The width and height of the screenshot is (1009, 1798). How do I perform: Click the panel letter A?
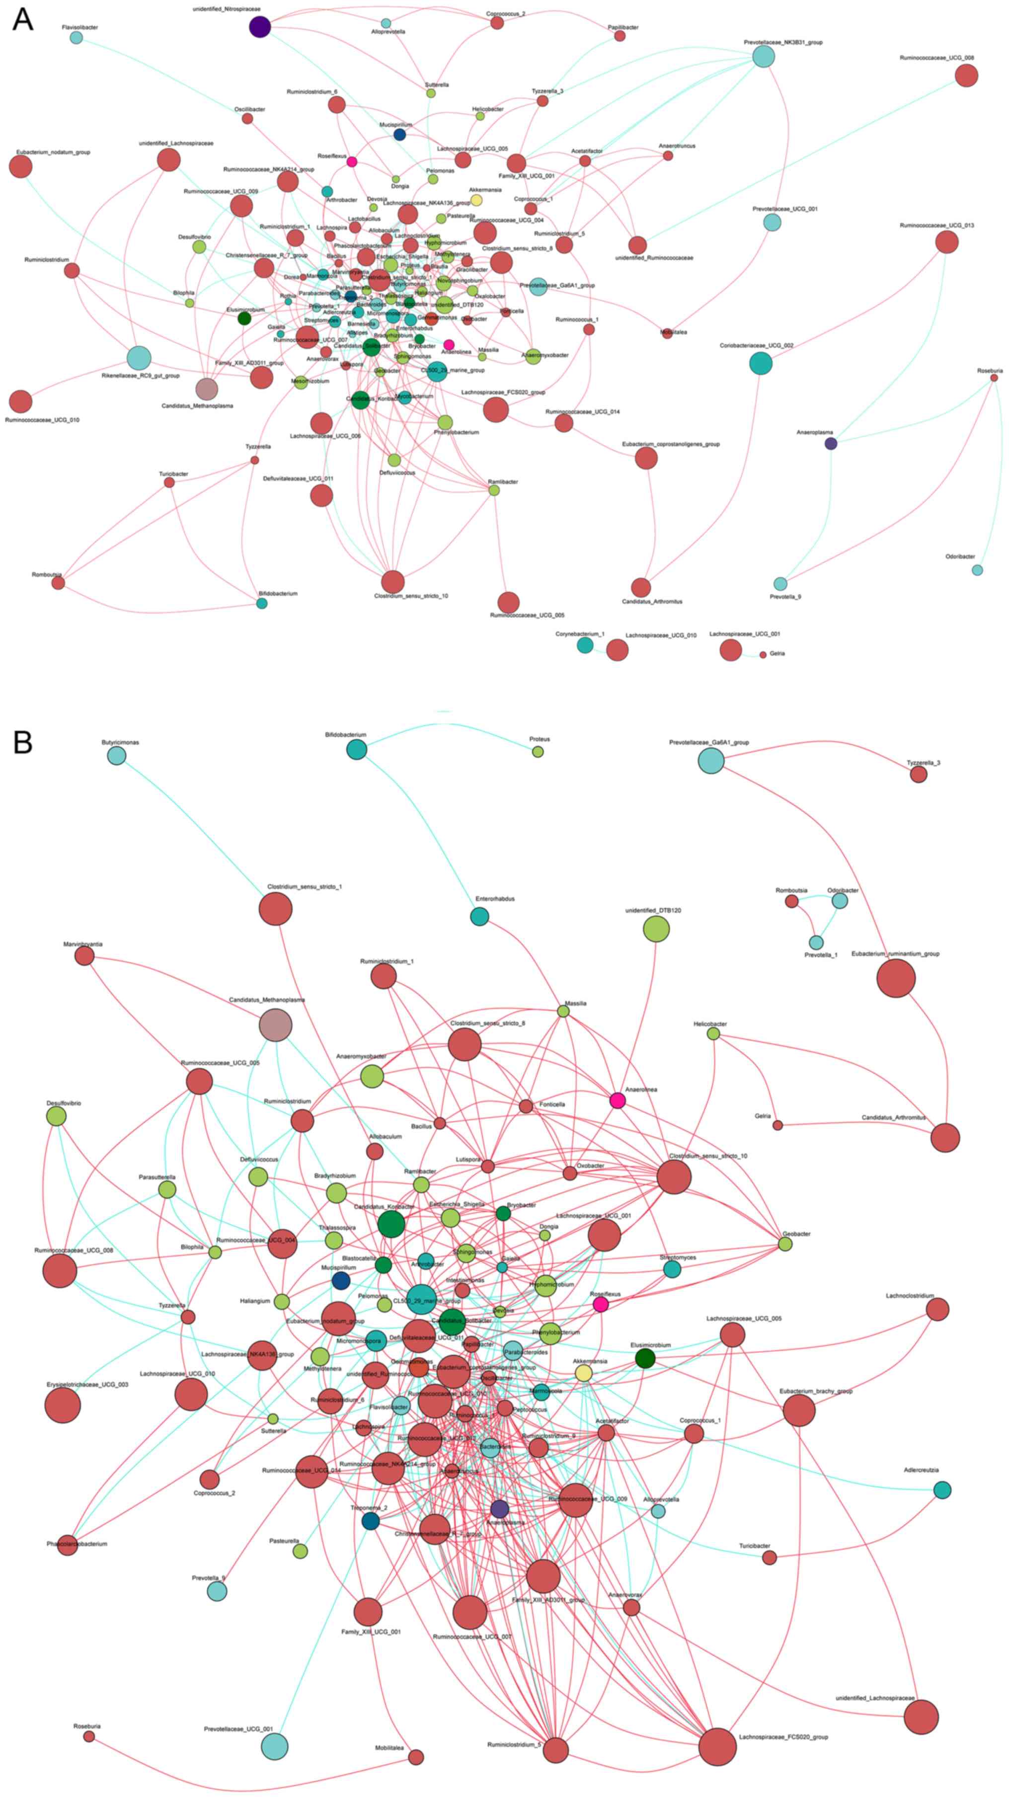[23, 19]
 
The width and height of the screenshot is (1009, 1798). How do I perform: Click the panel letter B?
[23, 743]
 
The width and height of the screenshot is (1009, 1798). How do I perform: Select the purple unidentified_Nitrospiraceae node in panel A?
[259, 27]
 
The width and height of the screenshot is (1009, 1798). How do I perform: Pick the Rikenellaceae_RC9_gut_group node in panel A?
[139, 358]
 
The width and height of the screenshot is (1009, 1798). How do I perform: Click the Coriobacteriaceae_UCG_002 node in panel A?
[761, 363]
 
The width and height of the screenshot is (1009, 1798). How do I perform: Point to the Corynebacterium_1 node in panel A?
[585, 645]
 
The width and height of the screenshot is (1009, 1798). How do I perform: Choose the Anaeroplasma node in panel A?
[830, 443]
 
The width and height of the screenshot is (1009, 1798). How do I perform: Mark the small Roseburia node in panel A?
[994, 378]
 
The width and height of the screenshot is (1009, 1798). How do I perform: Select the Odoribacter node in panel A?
[977, 570]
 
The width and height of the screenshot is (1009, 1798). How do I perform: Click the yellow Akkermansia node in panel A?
[476, 200]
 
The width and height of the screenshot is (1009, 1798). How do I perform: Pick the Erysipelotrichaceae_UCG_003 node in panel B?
[62, 1405]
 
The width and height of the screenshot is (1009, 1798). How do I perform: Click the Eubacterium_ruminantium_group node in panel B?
[895, 978]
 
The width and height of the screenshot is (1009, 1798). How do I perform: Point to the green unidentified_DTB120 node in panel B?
[655, 929]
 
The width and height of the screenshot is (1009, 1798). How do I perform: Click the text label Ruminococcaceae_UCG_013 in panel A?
[936, 226]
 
